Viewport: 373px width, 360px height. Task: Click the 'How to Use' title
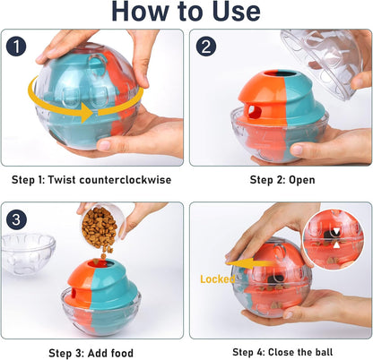tap(186, 13)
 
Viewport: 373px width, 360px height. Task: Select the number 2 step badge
tap(207, 46)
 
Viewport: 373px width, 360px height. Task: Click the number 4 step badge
tap(207, 219)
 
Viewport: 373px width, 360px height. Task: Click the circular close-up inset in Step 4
tap(333, 240)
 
